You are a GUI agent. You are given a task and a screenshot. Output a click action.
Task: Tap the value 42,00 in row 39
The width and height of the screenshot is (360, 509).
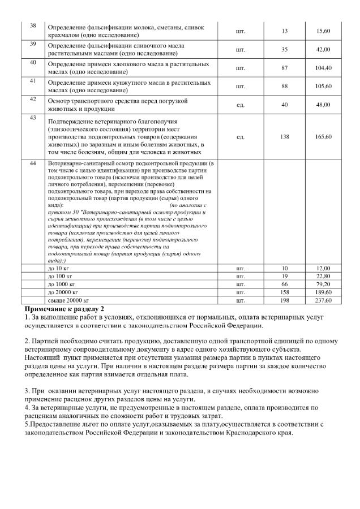[x=323, y=50]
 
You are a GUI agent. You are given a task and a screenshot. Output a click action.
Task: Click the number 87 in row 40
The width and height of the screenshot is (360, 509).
[x=284, y=68]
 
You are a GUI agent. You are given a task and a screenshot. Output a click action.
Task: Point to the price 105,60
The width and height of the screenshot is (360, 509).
[x=323, y=86]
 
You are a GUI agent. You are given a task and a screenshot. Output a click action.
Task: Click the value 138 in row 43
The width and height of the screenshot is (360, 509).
[x=284, y=137]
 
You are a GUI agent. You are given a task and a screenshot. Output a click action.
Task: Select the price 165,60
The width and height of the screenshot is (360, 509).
[x=323, y=137]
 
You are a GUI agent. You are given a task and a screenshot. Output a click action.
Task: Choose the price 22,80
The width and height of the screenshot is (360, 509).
[x=323, y=275]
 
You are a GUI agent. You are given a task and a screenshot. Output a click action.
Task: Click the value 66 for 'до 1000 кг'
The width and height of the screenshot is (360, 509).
[x=284, y=283]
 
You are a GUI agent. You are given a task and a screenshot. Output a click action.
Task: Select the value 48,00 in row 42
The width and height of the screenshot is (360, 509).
[x=323, y=105]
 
